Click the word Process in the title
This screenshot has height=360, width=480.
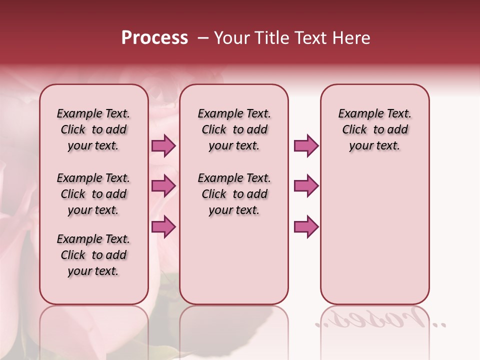click(154, 38)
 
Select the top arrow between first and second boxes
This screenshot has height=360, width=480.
click(163, 146)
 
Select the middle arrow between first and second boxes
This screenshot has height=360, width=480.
click(163, 186)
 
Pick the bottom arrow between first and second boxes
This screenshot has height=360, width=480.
click(163, 226)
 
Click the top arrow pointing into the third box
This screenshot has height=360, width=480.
click(306, 146)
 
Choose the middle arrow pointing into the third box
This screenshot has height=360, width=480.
click(306, 186)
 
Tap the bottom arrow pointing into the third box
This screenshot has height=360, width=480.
click(306, 226)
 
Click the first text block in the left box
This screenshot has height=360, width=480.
click(93, 129)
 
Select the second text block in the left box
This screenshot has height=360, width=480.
click(93, 194)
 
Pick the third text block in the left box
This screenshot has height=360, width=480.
click(93, 255)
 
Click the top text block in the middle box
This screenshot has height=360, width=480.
click(234, 129)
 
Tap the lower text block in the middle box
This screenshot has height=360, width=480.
click(234, 194)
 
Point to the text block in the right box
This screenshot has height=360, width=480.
click(374, 129)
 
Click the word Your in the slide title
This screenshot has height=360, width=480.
click(231, 38)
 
